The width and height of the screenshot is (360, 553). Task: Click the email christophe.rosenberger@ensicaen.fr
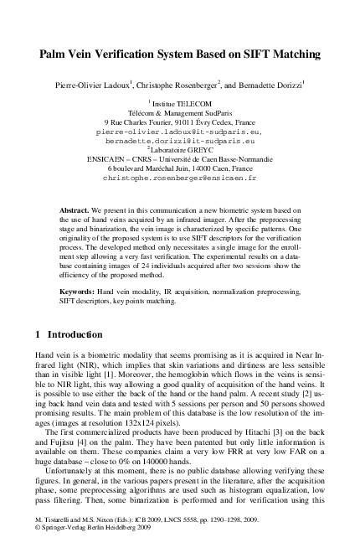pyautogui.click(x=179, y=178)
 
